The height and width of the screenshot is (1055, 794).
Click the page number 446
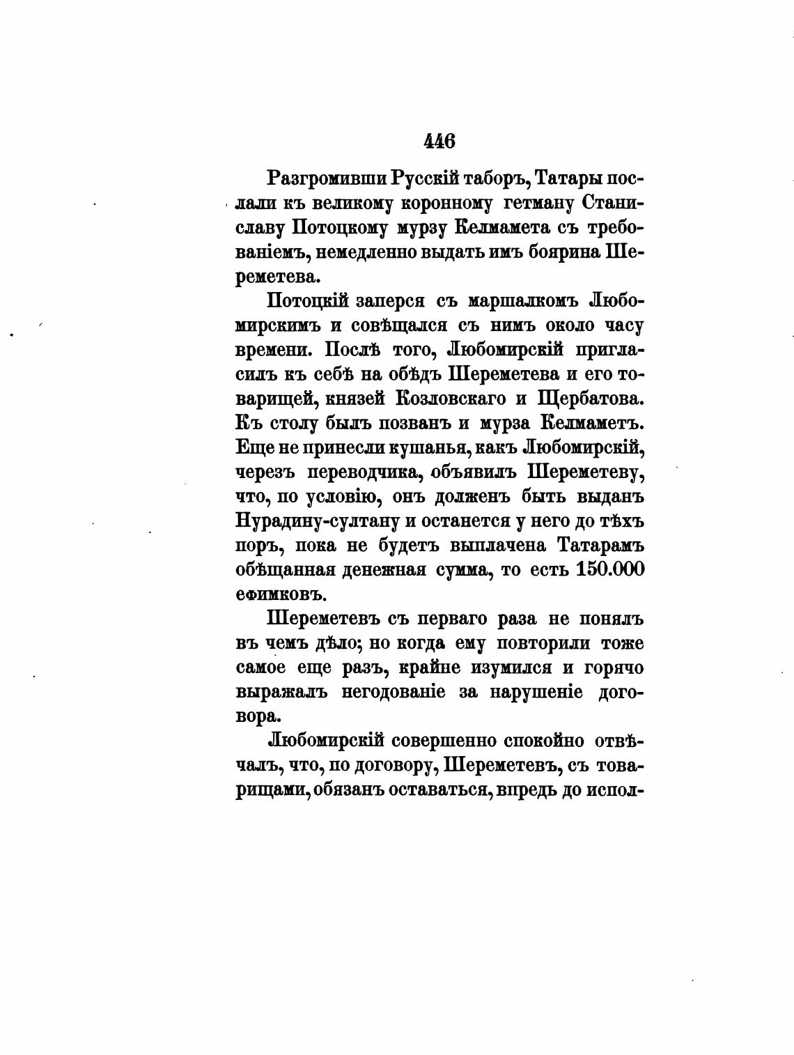click(439, 141)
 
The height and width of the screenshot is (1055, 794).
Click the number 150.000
click(611, 569)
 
